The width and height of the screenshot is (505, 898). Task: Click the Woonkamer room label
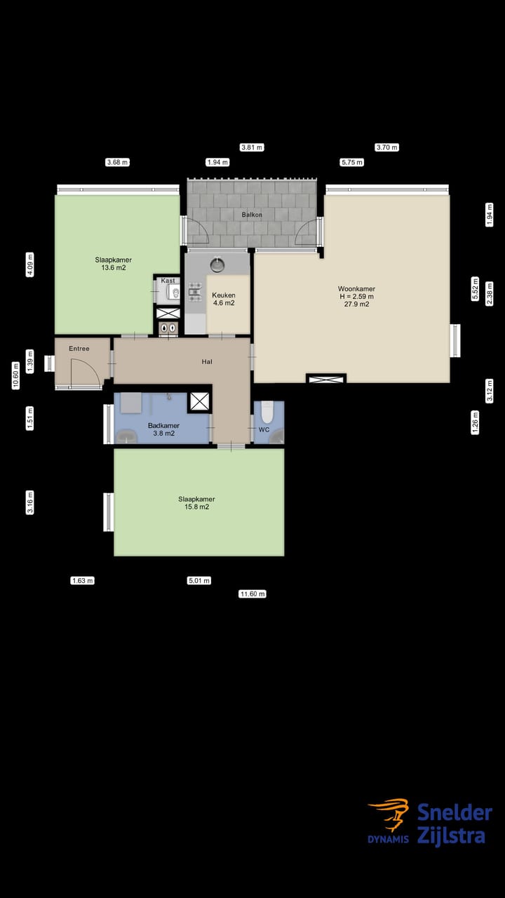[356, 288]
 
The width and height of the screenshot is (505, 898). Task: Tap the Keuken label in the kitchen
[223, 295]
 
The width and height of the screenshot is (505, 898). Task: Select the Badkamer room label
[163, 425]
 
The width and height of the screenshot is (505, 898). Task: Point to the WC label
[264, 429]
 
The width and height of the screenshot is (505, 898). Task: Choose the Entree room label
[79, 349]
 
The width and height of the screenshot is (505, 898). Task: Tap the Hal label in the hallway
[207, 362]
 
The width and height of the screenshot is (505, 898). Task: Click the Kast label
[168, 281]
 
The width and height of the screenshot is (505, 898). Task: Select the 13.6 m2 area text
[113, 268]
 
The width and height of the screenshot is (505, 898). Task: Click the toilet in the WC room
[267, 412]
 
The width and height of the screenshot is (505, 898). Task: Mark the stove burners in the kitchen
[194, 292]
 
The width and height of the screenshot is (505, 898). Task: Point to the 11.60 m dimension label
[252, 594]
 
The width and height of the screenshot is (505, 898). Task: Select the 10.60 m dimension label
[15, 375]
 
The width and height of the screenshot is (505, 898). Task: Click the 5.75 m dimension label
[351, 162]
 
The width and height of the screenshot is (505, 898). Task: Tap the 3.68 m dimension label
[117, 162]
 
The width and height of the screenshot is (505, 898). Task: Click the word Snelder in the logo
[454, 813]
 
